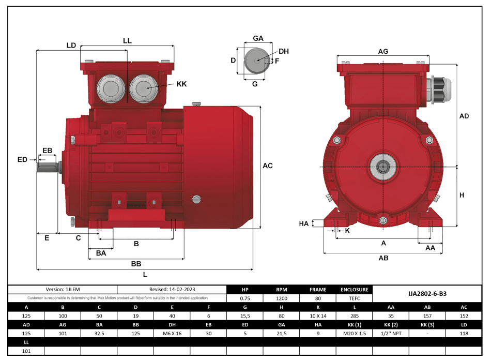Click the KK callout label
tap(181, 84)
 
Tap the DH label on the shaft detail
tap(283, 51)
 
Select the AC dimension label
tap(267, 166)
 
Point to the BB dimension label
tap(136, 264)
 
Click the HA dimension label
tap(304, 223)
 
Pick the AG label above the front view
tap(383, 51)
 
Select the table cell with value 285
tap(354, 315)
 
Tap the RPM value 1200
tap(281, 298)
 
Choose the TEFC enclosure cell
tap(354, 298)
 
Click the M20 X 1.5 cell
tap(354, 334)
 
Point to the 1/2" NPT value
tap(391, 334)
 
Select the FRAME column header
tap(318, 290)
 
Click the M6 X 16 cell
tap(173, 334)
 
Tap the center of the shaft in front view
tap(383, 167)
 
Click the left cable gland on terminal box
tap(110, 89)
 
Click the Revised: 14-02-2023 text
tap(172, 290)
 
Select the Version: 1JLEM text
tap(63, 290)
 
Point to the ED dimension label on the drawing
tap(22, 160)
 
